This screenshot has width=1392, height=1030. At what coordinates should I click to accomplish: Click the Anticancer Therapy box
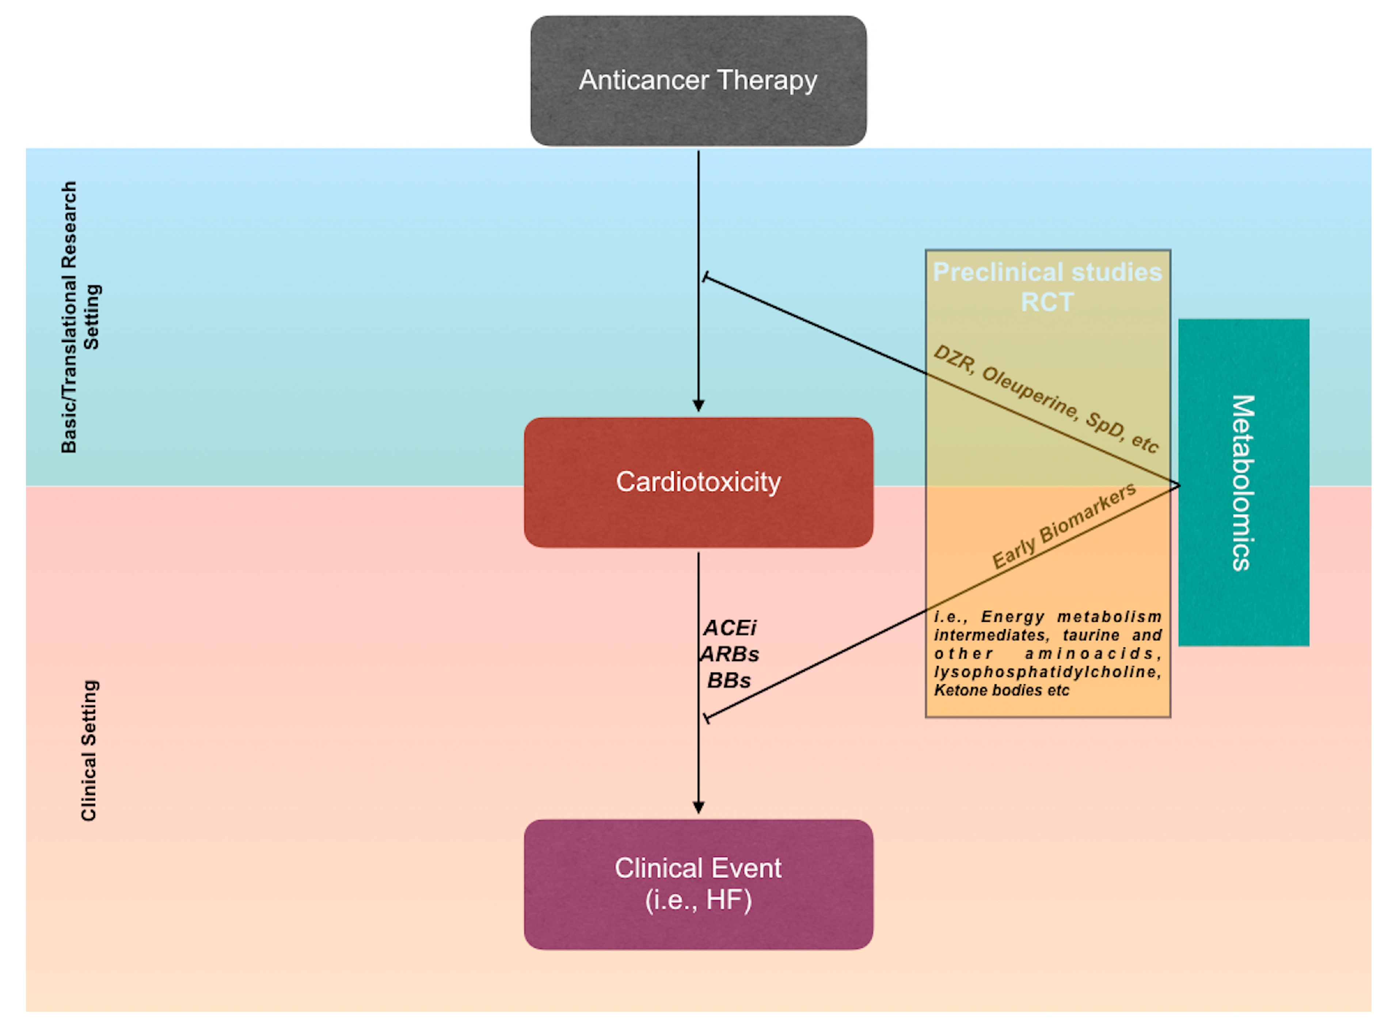pyautogui.click(x=698, y=81)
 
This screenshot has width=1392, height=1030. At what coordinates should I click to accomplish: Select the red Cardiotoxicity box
pyautogui.click(x=698, y=482)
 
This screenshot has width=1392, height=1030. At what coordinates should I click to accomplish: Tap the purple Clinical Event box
pyautogui.click(x=698, y=884)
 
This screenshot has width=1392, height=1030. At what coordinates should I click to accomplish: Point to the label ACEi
pyautogui.click(x=729, y=628)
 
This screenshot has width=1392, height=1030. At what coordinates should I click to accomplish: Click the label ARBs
pyautogui.click(x=729, y=654)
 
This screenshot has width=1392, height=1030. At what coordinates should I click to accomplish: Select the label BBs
pyautogui.click(x=729, y=680)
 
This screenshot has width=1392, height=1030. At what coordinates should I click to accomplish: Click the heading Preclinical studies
pyautogui.click(x=1047, y=273)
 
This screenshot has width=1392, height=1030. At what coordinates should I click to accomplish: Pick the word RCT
pyautogui.click(x=1047, y=303)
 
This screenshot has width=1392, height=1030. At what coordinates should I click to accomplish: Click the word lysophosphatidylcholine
pyautogui.click(x=1047, y=672)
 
